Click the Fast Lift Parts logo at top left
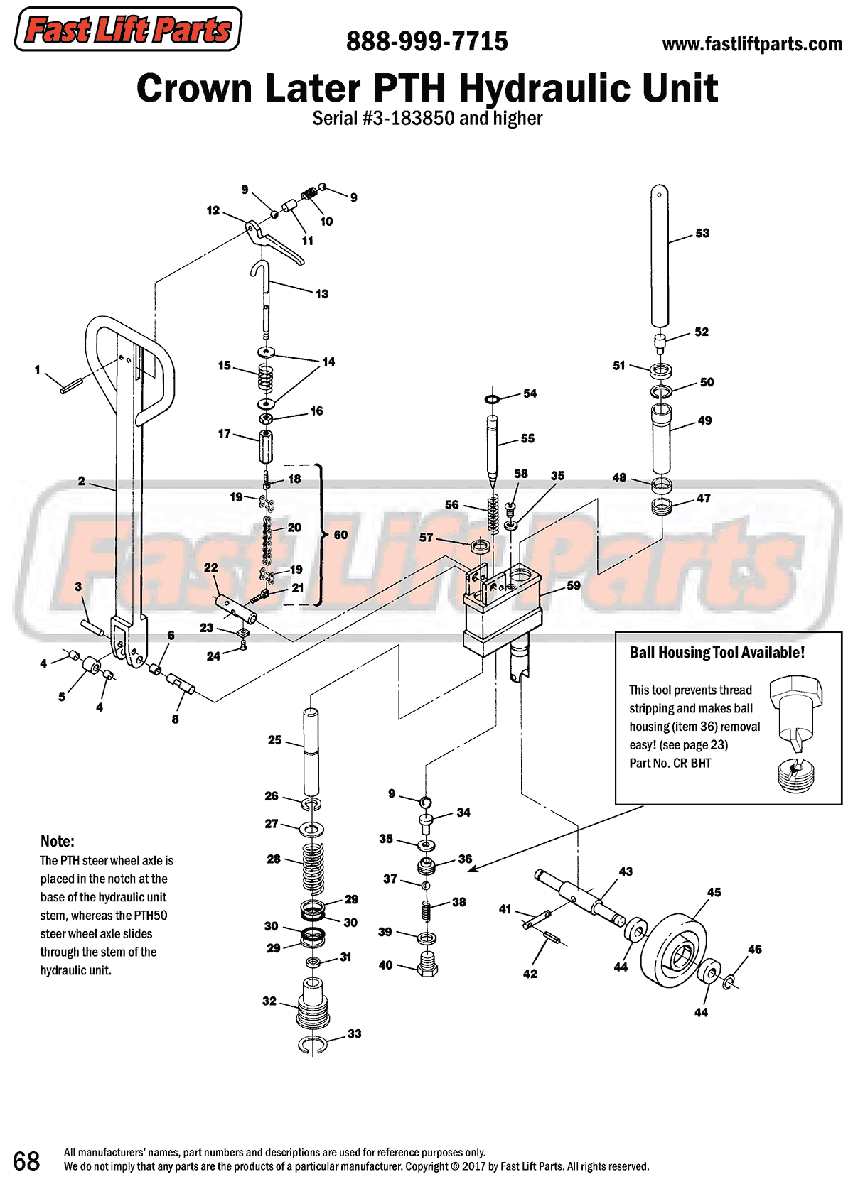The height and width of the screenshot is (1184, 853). click(128, 30)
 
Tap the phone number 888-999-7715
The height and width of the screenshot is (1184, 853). click(426, 42)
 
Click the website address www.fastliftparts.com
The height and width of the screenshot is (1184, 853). click(751, 44)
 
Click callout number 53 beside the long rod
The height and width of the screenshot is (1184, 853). click(702, 233)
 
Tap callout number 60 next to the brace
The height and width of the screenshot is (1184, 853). click(340, 535)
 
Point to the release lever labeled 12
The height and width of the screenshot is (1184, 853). click(274, 241)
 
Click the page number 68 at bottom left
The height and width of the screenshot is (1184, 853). click(26, 1161)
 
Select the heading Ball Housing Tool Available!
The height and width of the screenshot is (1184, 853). click(717, 652)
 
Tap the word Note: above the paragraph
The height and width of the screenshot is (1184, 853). click(57, 841)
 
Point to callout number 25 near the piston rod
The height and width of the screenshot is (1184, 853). click(275, 740)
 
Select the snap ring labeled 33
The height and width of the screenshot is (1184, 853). click(313, 1043)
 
